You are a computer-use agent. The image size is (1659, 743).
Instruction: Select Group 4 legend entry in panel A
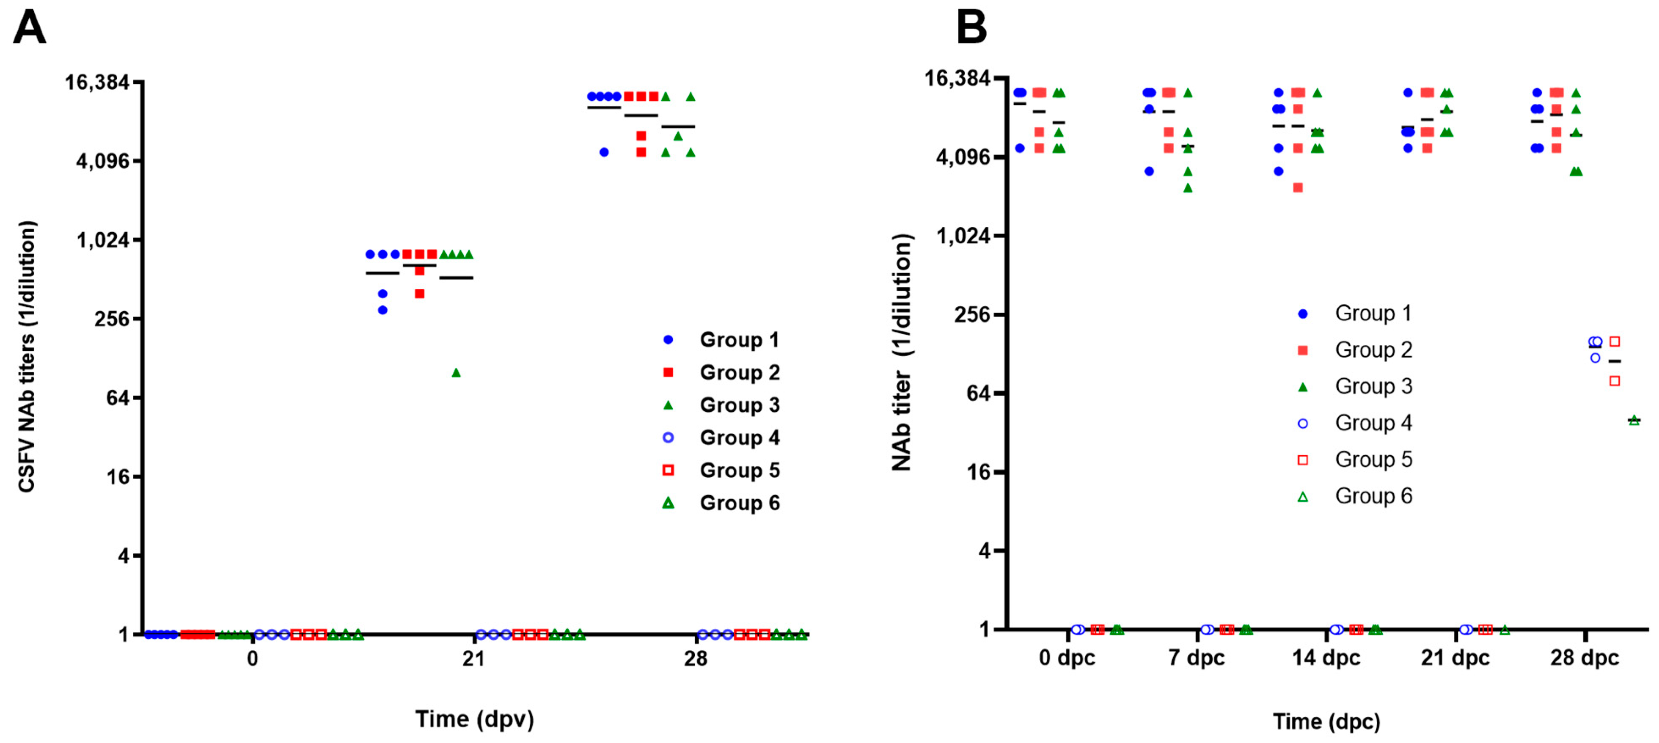tap(739, 438)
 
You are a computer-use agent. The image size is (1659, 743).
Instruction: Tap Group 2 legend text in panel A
tap(739, 372)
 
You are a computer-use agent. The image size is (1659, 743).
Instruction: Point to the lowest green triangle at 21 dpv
tap(456, 373)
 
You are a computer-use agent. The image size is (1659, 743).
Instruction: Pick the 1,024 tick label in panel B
tap(963, 236)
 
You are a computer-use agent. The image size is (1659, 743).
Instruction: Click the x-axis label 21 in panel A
tap(473, 659)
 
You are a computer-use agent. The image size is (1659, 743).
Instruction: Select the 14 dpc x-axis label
tap(1326, 658)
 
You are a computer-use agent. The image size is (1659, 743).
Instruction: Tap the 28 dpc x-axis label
tap(1584, 658)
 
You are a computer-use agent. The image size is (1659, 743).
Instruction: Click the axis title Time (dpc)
tap(1326, 721)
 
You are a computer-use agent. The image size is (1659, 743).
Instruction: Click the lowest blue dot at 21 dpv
tap(382, 310)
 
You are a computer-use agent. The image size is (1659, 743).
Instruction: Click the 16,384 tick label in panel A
tap(96, 83)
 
